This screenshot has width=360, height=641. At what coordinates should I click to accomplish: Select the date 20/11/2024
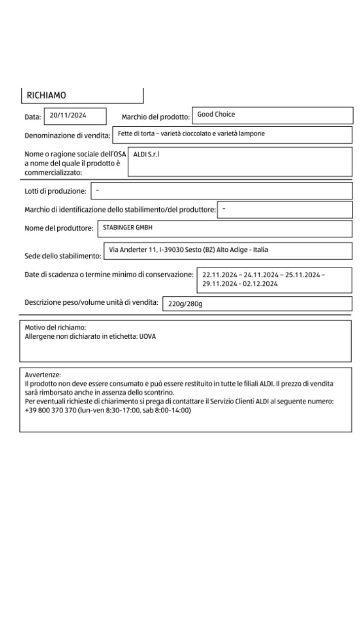click(x=68, y=115)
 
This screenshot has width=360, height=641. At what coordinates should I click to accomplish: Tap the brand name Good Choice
click(x=216, y=114)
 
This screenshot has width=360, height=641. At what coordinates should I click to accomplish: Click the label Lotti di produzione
click(x=55, y=191)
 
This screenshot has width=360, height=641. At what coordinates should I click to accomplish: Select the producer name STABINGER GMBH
click(x=128, y=228)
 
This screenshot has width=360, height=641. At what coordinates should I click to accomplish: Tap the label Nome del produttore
click(x=59, y=228)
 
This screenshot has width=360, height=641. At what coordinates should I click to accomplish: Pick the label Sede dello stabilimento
click(x=63, y=256)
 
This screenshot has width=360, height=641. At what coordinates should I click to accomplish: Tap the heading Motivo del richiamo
click(x=55, y=327)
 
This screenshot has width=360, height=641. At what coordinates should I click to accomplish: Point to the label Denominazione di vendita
click(x=67, y=136)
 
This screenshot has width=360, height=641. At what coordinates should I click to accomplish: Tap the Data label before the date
click(x=33, y=117)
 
